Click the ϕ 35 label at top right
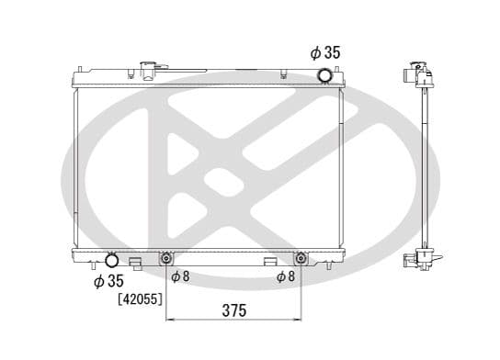325,53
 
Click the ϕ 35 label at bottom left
109,281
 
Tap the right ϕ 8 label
286,276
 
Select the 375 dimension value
234,310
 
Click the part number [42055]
140,298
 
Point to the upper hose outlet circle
324,74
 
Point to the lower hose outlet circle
111,261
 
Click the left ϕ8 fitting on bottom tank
165,259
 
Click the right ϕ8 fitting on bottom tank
301,259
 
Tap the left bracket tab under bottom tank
136,264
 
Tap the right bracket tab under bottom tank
270,264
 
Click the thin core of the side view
427,165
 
